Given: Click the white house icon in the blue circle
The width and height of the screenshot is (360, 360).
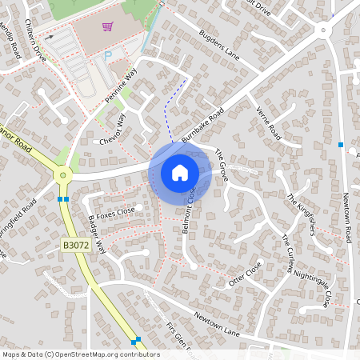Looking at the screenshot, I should click(180, 172).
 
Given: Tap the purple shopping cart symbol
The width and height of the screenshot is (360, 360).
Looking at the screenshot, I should click(107, 27).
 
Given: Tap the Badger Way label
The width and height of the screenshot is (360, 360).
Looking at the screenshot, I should click(97, 233).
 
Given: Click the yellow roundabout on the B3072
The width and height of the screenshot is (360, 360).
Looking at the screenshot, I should click(62, 174).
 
